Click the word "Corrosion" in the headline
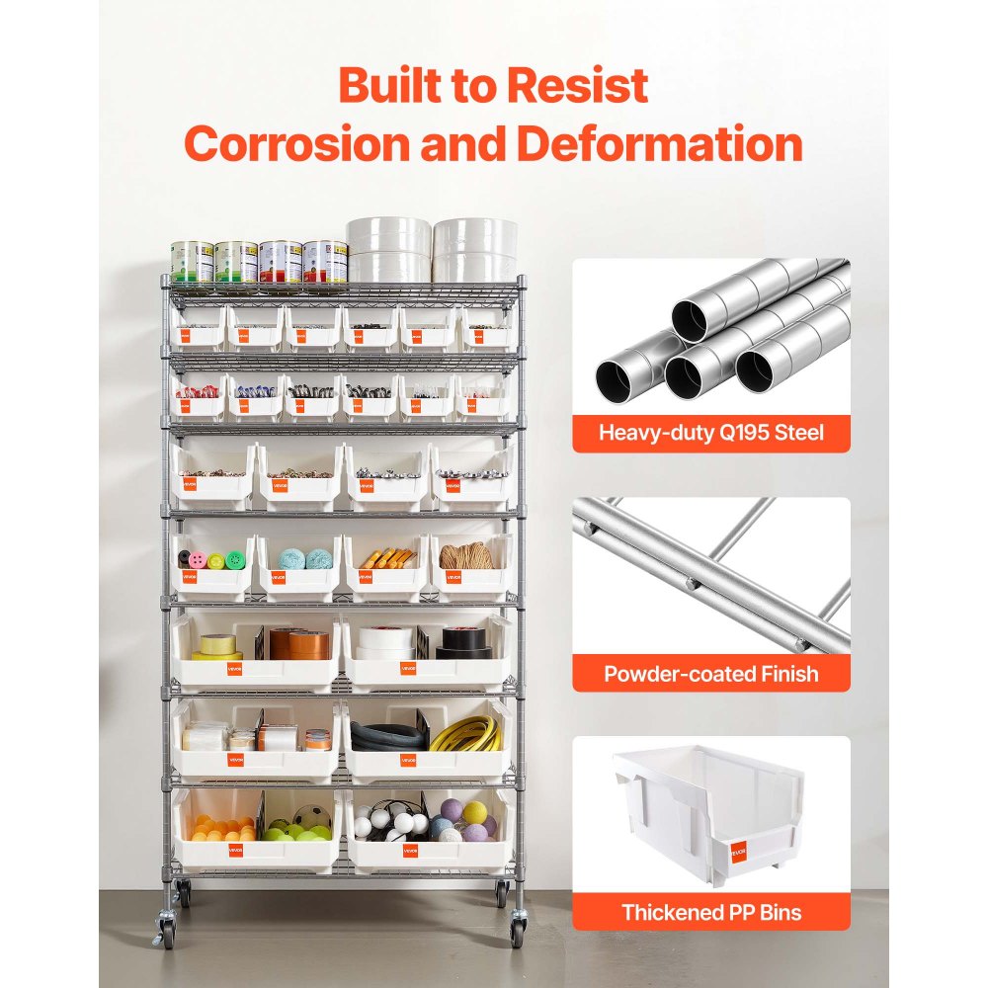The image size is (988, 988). pos(295,144)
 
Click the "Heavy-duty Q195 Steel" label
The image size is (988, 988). pos(710,432)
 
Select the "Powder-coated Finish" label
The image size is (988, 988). pos(710,675)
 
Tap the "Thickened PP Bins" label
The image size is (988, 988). pos(710,912)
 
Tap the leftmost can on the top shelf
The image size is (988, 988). pos(192,263)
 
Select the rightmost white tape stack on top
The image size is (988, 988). pos(474,250)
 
